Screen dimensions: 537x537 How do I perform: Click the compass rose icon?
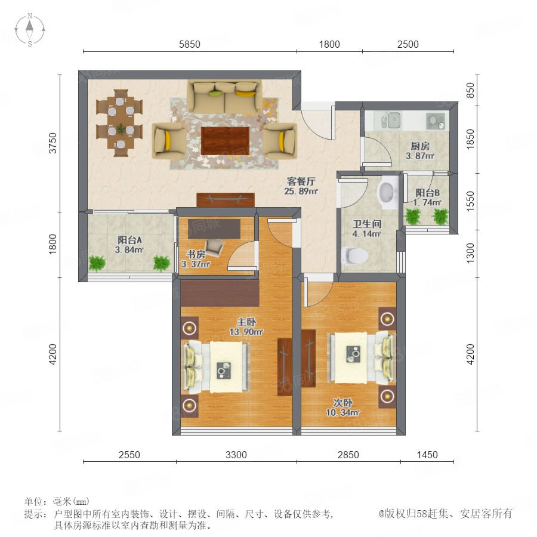[x=30, y=30]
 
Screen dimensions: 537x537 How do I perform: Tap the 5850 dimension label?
[x=189, y=45]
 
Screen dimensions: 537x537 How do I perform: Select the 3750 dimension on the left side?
[x=53, y=143]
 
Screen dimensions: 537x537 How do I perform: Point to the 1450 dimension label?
[x=427, y=455]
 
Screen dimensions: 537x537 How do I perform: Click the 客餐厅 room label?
[x=301, y=181]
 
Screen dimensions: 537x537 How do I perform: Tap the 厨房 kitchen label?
[x=420, y=146]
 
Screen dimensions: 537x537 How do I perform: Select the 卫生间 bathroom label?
[x=367, y=224]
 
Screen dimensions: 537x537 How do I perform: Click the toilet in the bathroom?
[x=355, y=255]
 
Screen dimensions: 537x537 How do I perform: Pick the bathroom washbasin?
[x=388, y=193]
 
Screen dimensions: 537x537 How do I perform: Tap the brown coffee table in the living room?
[x=225, y=141]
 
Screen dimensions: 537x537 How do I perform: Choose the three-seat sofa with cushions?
[x=224, y=97]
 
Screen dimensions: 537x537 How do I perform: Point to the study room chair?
[x=215, y=247]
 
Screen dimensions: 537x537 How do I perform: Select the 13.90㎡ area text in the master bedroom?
[x=246, y=332]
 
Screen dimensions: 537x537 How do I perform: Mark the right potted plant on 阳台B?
[x=440, y=216]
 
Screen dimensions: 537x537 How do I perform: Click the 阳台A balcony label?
[x=129, y=240]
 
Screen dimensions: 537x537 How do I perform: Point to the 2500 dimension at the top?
[x=408, y=45]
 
